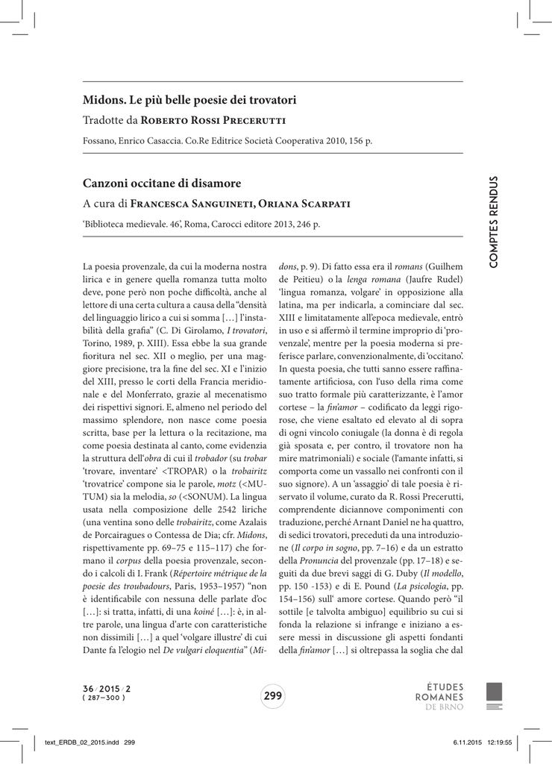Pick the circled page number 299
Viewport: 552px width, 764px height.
coord(273,696)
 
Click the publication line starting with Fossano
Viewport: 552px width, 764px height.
coord(227,141)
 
